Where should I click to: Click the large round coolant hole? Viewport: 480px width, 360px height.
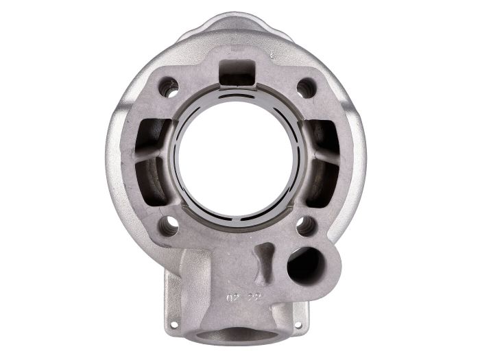[303, 264]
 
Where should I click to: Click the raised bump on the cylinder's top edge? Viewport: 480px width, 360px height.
[237, 27]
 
